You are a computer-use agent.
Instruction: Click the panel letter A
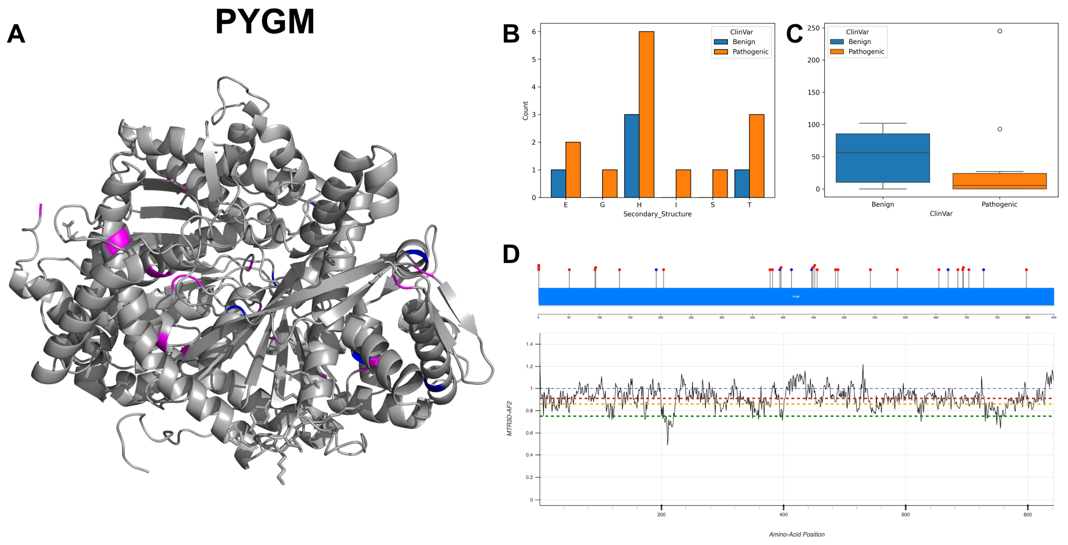(x=16, y=34)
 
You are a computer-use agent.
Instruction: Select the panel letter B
(x=511, y=34)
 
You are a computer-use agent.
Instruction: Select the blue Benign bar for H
(x=631, y=156)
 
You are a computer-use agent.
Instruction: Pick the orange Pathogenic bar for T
(x=757, y=156)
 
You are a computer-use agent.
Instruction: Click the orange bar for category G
(x=610, y=183)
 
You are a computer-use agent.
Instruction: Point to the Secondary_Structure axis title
(x=657, y=214)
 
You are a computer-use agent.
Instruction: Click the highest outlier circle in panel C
(x=1000, y=31)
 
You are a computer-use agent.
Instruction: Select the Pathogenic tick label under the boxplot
(x=999, y=204)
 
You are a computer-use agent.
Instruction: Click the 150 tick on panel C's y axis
(x=814, y=92)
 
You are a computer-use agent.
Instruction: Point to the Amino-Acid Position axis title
(x=796, y=534)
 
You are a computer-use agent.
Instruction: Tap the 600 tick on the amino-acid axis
(x=905, y=514)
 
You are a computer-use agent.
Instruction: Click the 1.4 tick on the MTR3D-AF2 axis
(x=530, y=344)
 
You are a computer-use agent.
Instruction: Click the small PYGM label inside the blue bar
(x=796, y=297)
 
